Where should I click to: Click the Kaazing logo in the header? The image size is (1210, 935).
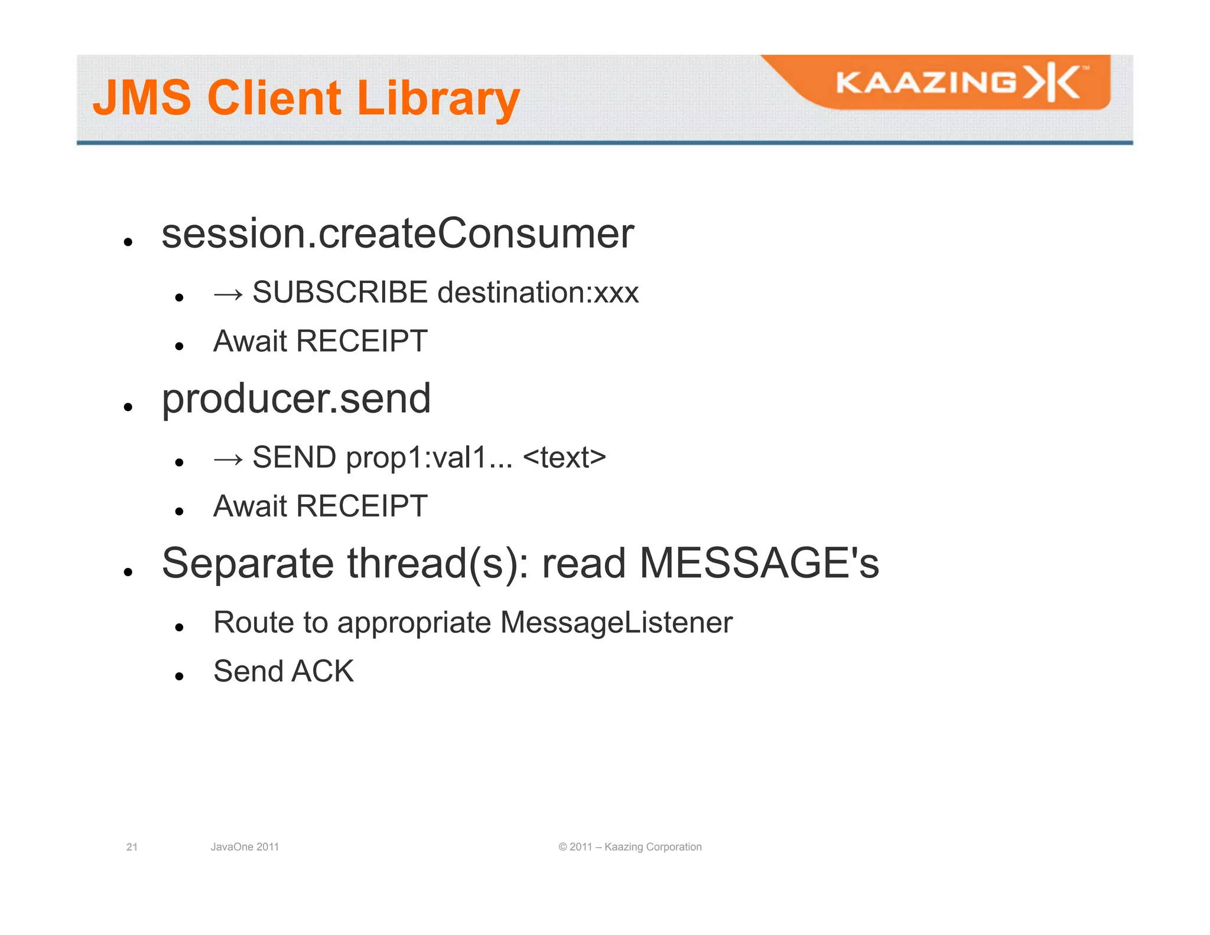tap(962, 83)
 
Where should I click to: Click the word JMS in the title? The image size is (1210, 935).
tap(142, 98)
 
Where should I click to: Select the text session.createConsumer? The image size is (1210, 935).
tap(398, 233)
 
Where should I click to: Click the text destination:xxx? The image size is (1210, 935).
tap(538, 293)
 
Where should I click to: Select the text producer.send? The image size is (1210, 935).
tap(296, 398)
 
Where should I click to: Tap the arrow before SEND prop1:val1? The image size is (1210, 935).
tap(228, 459)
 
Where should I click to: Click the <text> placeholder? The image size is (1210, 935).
tap(564, 457)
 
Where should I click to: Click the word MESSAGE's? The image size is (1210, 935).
tap(759, 563)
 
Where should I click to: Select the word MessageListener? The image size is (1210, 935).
tap(616, 622)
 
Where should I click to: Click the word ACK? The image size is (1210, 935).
tap(323, 671)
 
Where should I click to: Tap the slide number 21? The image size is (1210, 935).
tap(132, 847)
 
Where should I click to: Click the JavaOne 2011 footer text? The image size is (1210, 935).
tap(245, 847)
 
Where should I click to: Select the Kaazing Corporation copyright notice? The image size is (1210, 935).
tap(630, 847)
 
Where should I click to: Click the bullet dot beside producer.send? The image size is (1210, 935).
tap(128, 407)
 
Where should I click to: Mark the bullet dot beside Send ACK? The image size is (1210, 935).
tap(180, 676)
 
